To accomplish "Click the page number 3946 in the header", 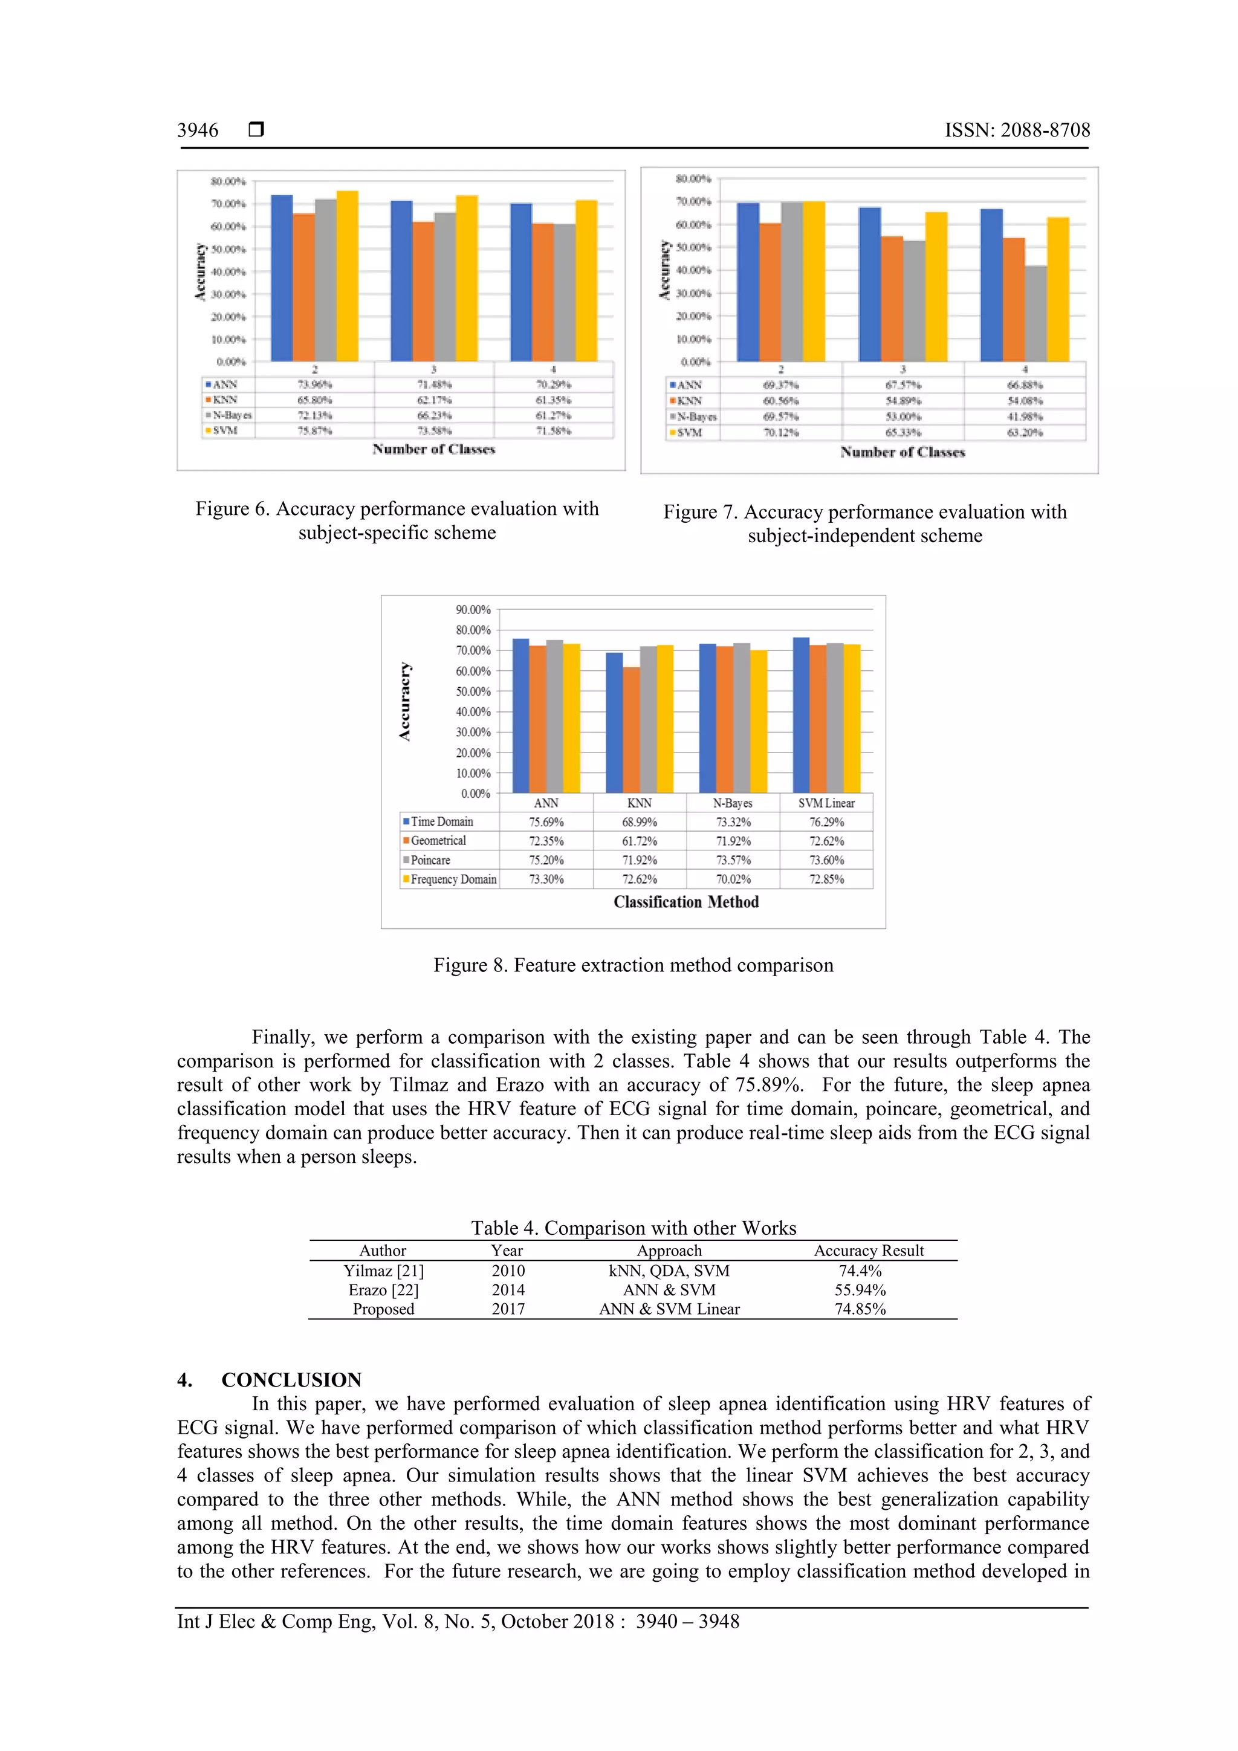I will tap(198, 131).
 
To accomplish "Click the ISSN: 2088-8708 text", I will tap(1017, 131).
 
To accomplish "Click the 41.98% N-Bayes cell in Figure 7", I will tap(1025, 416).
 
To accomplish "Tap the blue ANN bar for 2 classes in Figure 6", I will tap(282, 279).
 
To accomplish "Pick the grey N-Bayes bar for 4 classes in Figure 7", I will tap(1035, 314).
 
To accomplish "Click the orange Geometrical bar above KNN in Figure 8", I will tap(631, 730).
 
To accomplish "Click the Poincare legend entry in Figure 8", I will tap(430, 860).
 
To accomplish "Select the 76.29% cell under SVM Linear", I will tap(826, 822).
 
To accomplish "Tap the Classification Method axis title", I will tap(685, 902).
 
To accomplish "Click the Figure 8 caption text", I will tap(633, 965).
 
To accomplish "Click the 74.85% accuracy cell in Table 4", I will tap(860, 1309).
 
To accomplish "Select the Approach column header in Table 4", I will tap(669, 1251).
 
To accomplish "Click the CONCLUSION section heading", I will tap(291, 1380).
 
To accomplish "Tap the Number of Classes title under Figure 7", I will tap(903, 452).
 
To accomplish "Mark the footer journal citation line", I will tap(458, 1622).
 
